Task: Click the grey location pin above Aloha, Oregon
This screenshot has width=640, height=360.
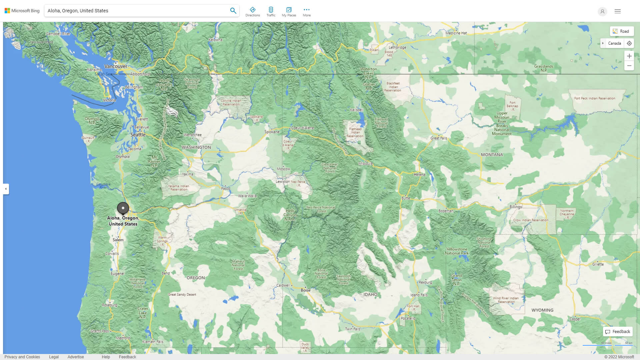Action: (x=123, y=208)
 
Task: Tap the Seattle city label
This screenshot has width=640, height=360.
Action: (x=138, y=135)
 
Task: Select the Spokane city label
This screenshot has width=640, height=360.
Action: (x=272, y=132)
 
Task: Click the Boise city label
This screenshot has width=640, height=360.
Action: (x=306, y=290)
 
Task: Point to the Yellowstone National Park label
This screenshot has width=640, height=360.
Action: (x=457, y=251)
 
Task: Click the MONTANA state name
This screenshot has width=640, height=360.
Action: (x=492, y=155)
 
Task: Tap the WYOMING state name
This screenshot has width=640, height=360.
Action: (x=542, y=310)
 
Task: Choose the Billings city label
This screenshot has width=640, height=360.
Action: (x=516, y=207)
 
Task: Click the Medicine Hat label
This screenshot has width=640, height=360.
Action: (x=456, y=33)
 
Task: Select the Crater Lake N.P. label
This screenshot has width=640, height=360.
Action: (x=143, y=313)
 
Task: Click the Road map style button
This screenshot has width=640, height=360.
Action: (x=621, y=31)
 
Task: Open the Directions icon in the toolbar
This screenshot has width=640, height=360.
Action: (x=253, y=11)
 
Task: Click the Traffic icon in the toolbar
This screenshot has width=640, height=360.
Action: (x=271, y=11)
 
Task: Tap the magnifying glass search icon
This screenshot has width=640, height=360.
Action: (x=233, y=11)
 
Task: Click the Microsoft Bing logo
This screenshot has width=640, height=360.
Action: (x=22, y=11)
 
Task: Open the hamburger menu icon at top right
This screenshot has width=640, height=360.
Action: (x=618, y=11)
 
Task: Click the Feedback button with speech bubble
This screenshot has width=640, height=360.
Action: (x=618, y=331)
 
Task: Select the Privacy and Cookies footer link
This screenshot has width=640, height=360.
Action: (x=22, y=357)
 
